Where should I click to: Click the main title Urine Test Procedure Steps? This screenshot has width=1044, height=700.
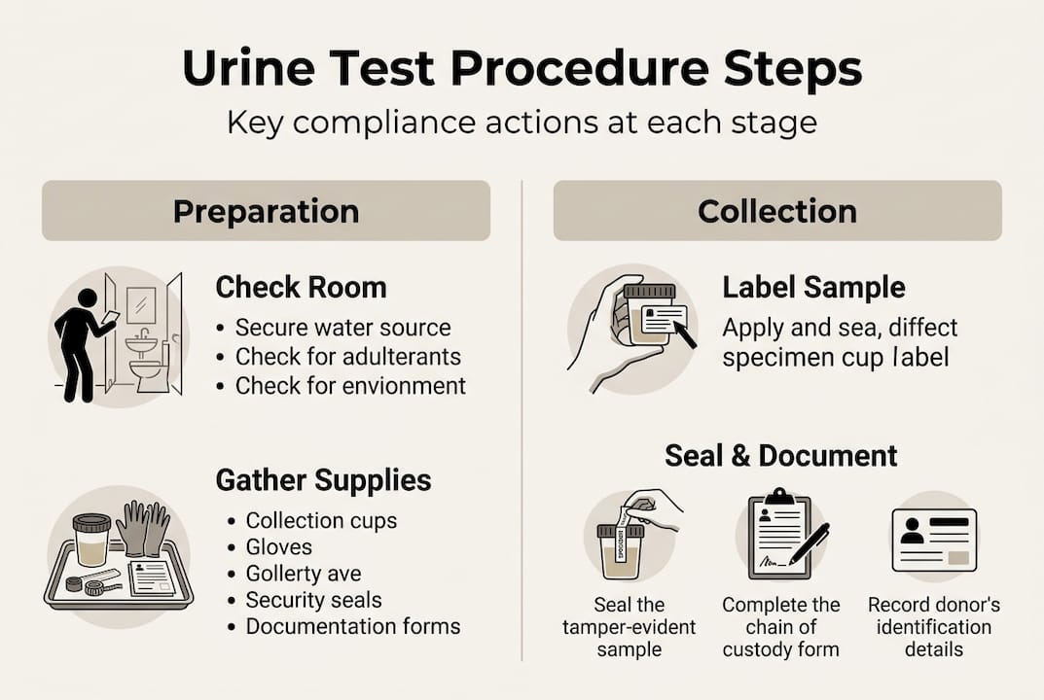point(522,70)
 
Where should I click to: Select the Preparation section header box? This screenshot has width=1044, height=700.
point(266,211)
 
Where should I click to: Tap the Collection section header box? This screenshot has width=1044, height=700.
point(776,211)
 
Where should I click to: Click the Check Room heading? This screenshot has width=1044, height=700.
point(301,288)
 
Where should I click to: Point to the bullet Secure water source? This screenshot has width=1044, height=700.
point(342,328)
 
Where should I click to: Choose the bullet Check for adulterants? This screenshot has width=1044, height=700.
point(347,357)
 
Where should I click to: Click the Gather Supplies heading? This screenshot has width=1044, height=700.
point(323,480)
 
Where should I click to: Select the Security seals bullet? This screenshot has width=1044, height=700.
point(313,600)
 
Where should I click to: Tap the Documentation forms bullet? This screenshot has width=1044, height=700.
point(352,626)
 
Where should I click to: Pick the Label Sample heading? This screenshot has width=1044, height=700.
point(813,288)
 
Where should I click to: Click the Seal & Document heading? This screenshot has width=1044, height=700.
point(780,455)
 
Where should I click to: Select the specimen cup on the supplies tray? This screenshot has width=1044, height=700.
point(91,541)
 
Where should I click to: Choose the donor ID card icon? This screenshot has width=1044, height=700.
point(933,538)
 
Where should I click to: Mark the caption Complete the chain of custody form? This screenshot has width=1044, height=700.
point(780,627)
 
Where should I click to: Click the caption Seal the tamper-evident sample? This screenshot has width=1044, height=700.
point(629,627)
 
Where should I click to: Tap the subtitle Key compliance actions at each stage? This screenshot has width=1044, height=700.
point(522,123)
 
